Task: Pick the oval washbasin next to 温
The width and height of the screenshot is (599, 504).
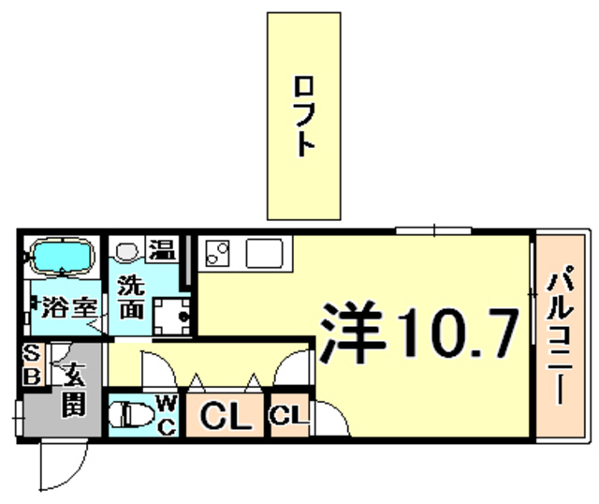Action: coord(129,250)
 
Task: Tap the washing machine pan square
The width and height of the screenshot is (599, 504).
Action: coord(169,315)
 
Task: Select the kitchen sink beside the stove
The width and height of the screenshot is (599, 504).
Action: coord(267,253)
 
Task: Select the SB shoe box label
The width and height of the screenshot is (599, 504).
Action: coord(32,363)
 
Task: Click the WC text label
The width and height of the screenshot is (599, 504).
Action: coord(166,413)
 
